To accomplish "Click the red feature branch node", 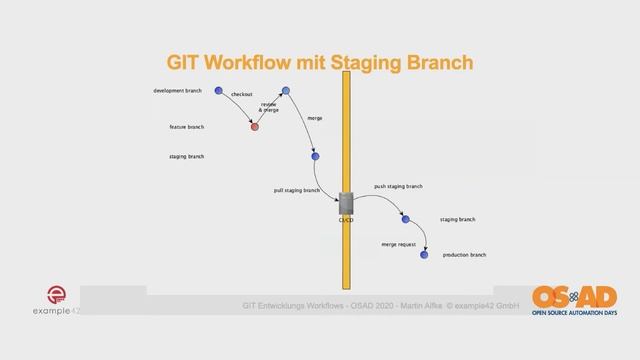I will [x=255, y=127].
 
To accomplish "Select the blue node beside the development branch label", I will [x=219, y=91].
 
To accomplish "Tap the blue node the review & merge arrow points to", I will [x=285, y=91].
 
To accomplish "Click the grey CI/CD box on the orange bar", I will [x=346, y=203].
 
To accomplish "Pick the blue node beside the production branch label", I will [x=424, y=255].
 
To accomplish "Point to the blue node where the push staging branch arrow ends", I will [x=405, y=219].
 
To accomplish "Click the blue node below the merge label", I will [x=315, y=156].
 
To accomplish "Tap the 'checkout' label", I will [x=242, y=94].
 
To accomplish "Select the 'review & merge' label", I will [x=268, y=106].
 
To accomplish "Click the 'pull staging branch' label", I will [x=296, y=190].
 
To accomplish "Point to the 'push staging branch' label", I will [x=398, y=186].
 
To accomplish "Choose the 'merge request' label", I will [x=398, y=244].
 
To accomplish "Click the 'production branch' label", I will [x=464, y=255].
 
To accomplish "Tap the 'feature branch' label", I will [x=186, y=127].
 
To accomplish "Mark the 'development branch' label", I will [x=177, y=91].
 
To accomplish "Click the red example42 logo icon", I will [x=58, y=295].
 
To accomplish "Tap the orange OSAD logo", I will [x=574, y=298].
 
